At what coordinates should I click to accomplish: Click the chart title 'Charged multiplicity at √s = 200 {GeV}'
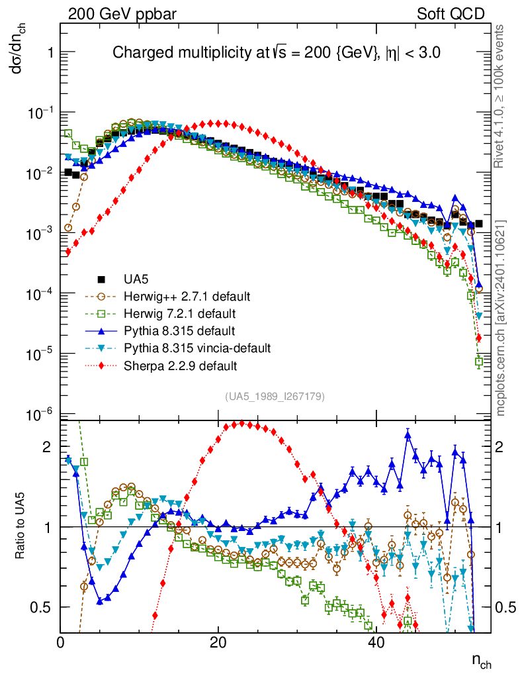[277, 52]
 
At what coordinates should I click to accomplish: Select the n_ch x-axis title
[481, 660]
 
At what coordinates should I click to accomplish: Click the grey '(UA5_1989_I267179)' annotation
[275, 397]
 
